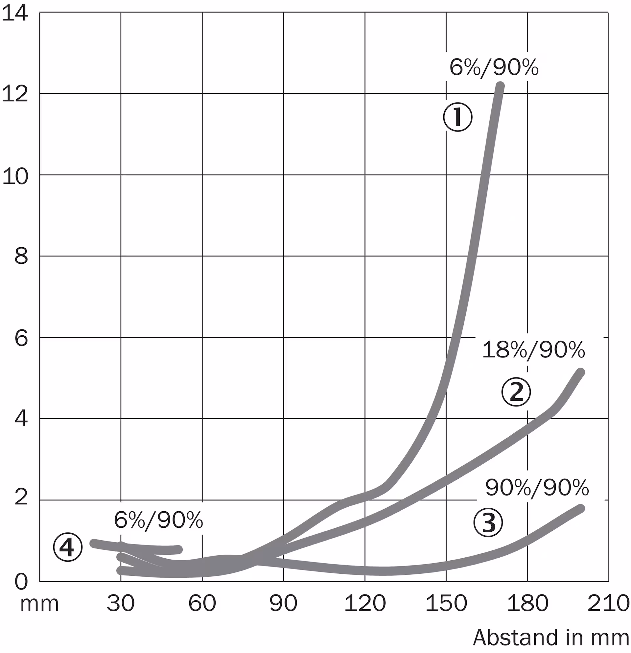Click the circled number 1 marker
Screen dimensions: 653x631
[457, 117]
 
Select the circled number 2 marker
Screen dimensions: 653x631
[516, 392]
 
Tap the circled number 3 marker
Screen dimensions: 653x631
[488, 522]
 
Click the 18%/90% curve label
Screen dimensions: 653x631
[533, 350]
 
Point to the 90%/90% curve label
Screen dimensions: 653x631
[537, 488]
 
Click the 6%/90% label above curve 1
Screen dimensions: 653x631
[494, 67]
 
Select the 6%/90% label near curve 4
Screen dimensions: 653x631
[158, 520]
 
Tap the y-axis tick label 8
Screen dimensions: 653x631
[21, 257]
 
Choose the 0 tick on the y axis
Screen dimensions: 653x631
[21, 582]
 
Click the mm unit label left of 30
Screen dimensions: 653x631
[39, 604]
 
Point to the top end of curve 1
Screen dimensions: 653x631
[500, 86]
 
